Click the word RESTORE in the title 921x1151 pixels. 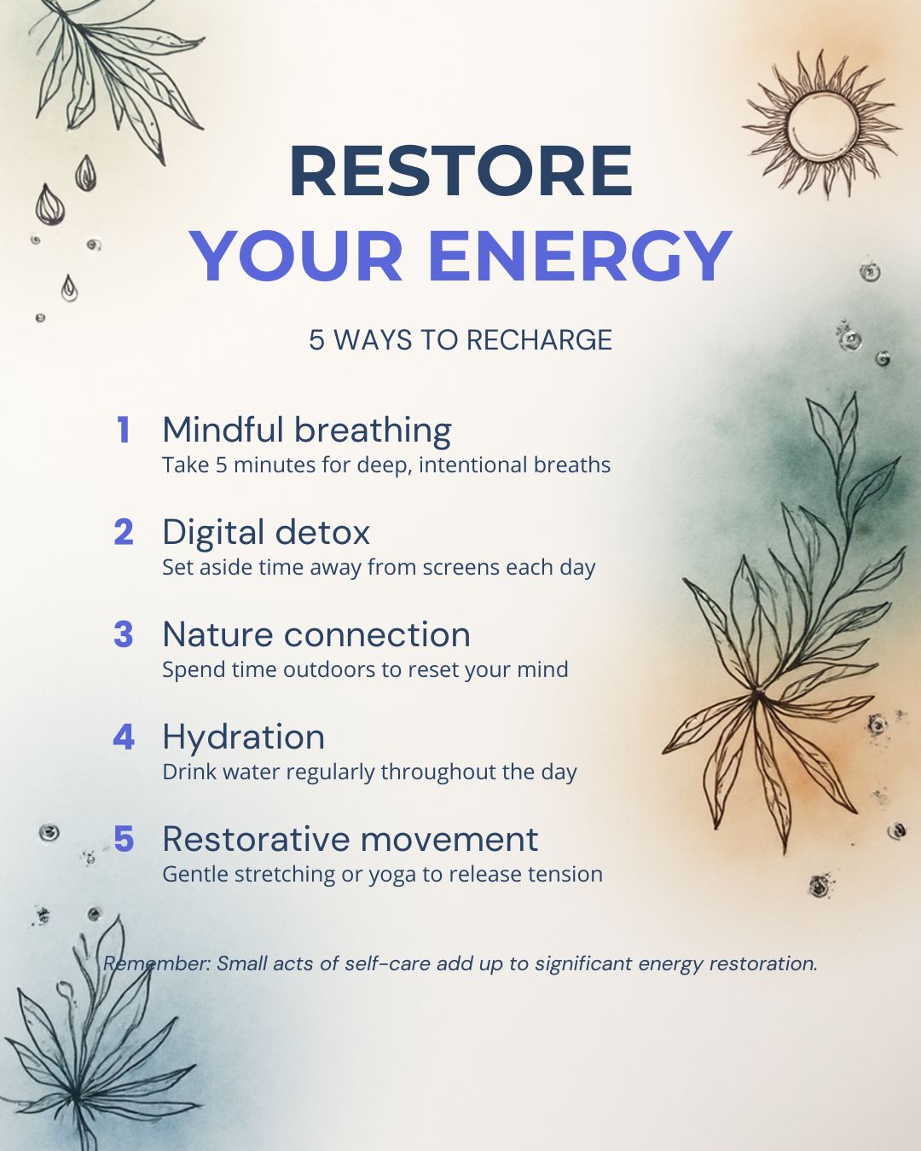click(x=461, y=171)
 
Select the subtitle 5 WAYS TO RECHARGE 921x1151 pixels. click(x=460, y=340)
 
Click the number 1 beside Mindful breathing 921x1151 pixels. click(x=124, y=430)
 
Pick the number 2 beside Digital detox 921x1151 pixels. click(x=124, y=532)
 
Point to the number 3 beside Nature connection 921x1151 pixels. click(x=124, y=633)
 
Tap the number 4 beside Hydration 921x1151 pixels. click(x=124, y=737)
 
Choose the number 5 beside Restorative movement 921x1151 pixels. click(x=124, y=839)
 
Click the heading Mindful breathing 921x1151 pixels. click(x=307, y=431)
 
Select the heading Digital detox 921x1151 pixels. click(x=266, y=532)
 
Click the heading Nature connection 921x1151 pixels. click(x=316, y=634)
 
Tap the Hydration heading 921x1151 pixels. click(x=244, y=738)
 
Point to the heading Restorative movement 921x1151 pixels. click(x=350, y=839)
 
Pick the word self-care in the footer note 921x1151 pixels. click(x=387, y=963)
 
